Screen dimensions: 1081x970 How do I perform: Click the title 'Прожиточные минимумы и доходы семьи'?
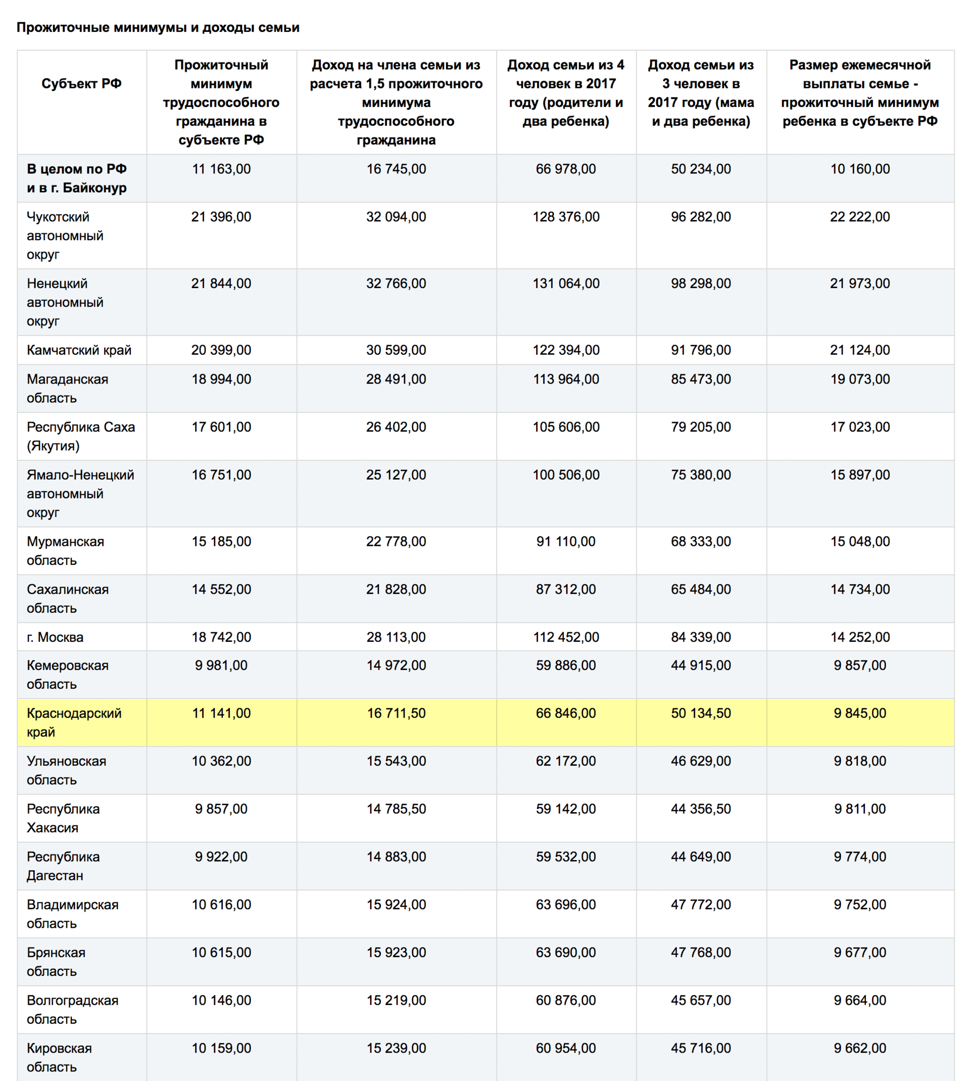point(158,27)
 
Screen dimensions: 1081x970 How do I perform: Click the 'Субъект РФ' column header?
point(81,84)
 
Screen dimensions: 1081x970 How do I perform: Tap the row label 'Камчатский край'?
point(79,350)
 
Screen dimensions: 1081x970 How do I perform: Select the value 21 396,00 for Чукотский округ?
point(221,217)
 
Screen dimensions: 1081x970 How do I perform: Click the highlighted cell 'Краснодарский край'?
point(74,722)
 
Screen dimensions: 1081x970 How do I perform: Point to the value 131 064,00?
point(566,284)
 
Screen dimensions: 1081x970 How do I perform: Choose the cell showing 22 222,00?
point(860,217)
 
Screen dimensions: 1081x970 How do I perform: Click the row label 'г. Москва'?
point(55,637)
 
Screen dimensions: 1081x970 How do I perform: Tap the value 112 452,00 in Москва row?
point(566,637)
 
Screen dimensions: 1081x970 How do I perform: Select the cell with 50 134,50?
point(701,713)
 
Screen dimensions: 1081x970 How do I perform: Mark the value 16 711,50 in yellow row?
point(396,713)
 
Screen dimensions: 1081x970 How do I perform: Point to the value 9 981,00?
point(221,665)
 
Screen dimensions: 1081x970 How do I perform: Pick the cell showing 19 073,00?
point(860,379)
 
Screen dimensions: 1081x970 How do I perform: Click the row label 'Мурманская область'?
point(65,551)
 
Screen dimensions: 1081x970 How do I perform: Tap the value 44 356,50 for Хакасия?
point(701,809)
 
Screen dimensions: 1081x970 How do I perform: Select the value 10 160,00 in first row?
point(860,169)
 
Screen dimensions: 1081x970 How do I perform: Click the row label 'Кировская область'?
point(59,1057)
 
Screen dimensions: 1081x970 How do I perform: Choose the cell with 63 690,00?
point(566,953)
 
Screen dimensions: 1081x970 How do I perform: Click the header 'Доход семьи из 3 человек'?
point(701,93)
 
